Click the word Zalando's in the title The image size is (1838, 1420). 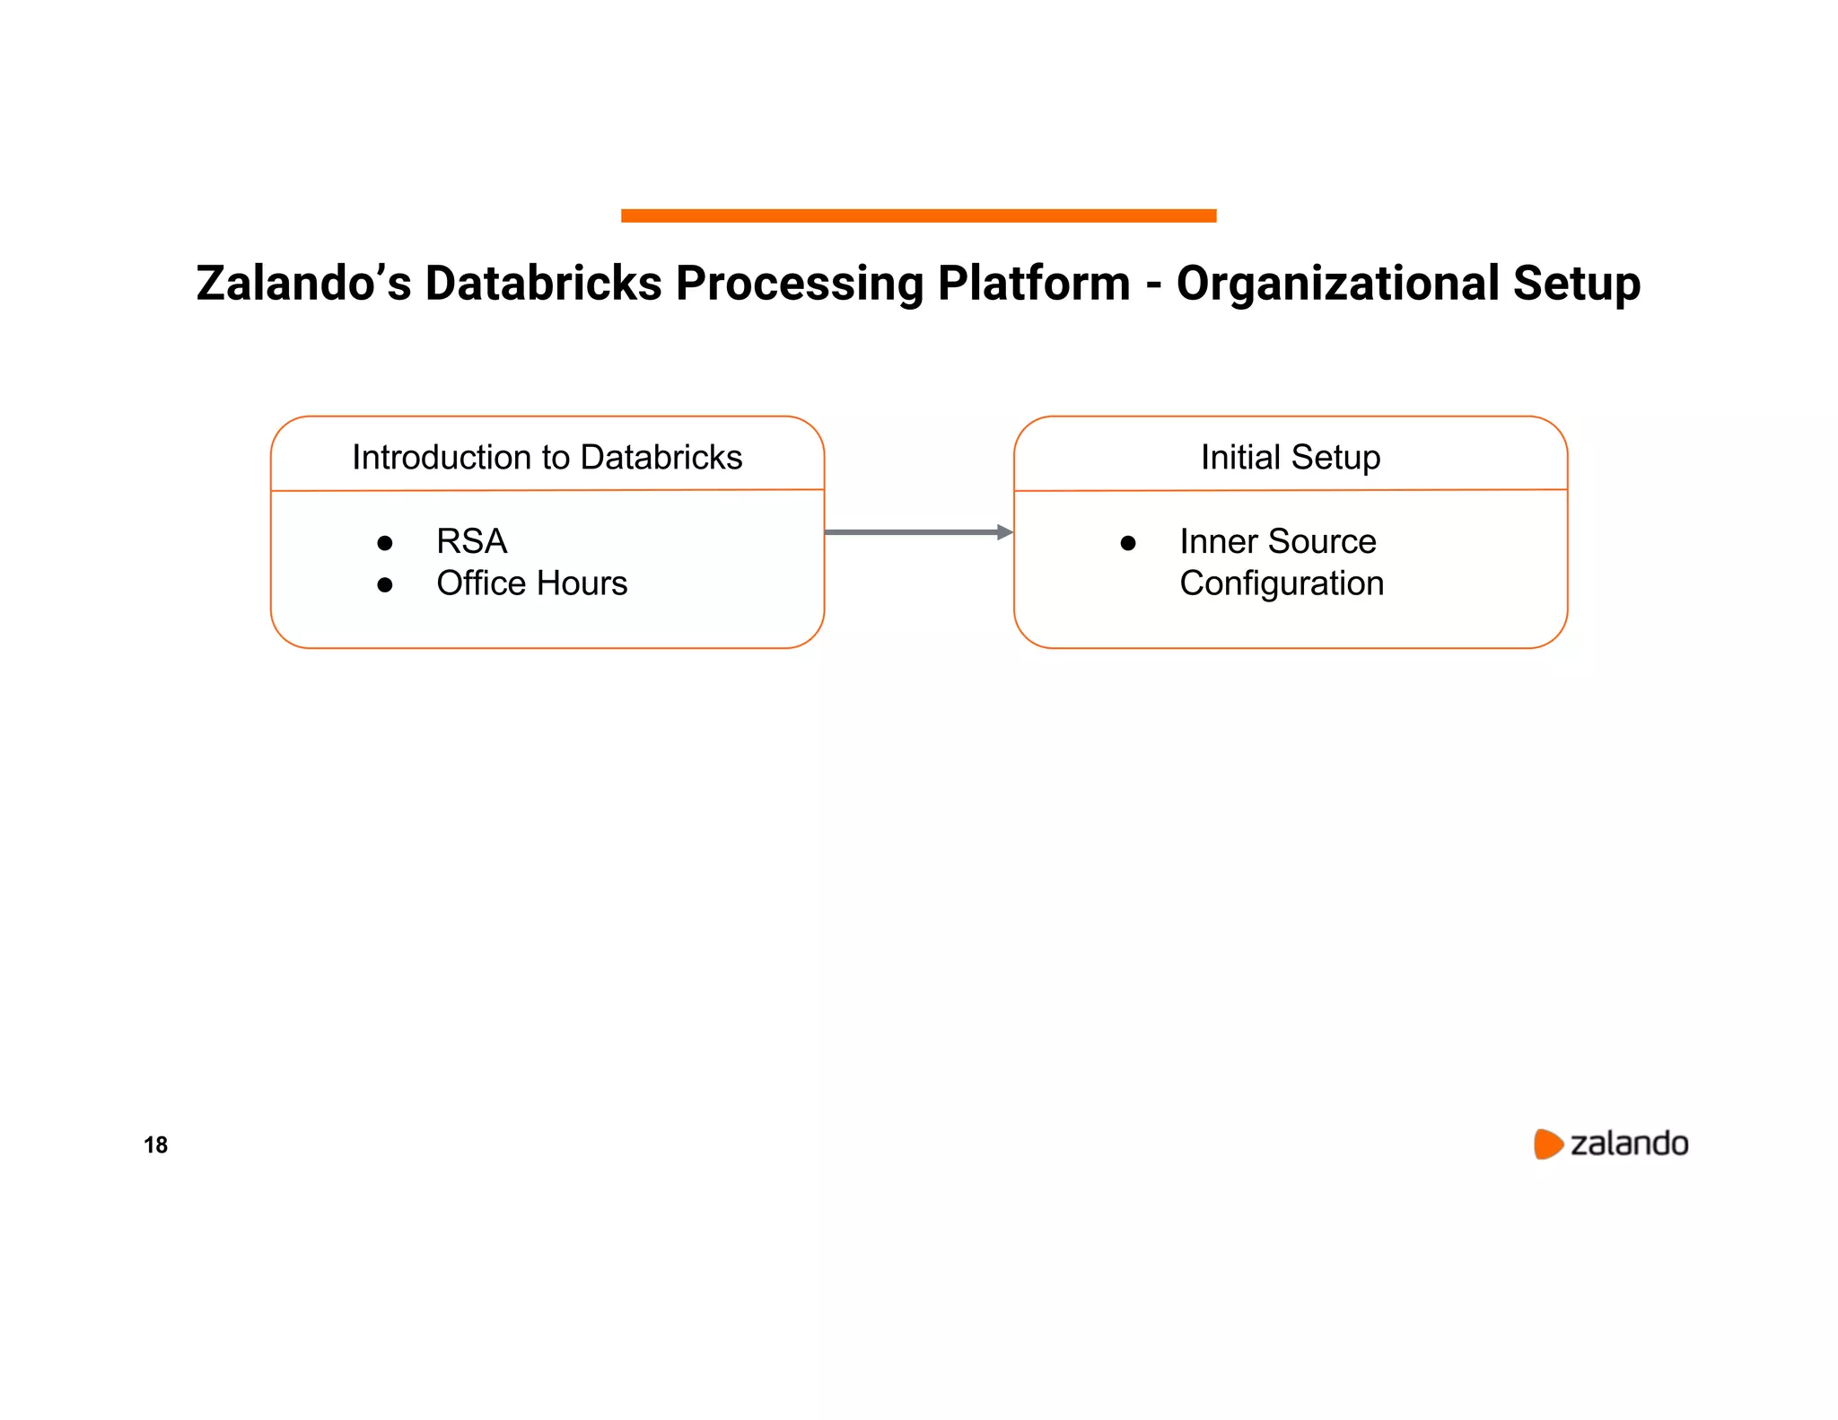303,284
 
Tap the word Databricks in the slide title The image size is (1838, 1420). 543,284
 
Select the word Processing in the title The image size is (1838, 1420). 800,284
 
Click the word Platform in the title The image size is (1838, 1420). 1033,284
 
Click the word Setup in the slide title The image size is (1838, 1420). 1576,284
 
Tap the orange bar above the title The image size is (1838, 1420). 918,215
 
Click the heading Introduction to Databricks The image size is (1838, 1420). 547,458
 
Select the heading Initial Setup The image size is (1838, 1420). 1290,458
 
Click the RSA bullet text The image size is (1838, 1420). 471,542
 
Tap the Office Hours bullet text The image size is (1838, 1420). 531,583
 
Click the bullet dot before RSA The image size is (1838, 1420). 385,543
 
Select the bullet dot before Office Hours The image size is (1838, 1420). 385,585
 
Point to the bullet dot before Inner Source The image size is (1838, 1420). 1128,543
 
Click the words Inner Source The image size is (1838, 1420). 1277,542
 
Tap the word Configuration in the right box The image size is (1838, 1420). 1281,583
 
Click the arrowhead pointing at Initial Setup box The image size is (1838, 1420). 1005,532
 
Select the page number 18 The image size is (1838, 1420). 155,1144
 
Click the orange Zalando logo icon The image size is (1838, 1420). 1547,1144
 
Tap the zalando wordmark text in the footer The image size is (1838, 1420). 1629,1144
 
